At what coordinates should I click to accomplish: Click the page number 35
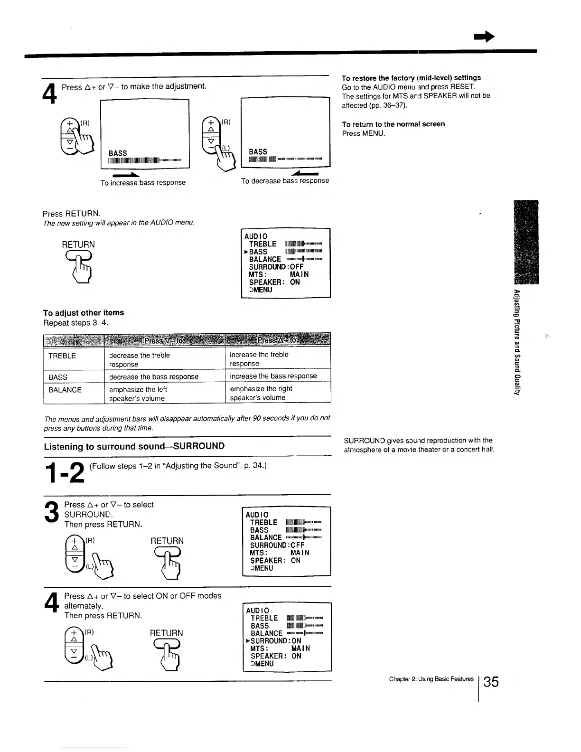point(492,682)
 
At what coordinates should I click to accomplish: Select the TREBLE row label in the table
point(62,356)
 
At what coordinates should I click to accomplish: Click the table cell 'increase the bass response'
point(273,376)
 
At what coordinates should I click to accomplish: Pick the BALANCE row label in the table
point(65,390)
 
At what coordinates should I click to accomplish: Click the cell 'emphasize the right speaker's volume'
point(261,393)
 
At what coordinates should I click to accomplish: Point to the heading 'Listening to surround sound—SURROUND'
point(134,446)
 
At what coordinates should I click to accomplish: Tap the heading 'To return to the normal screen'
point(394,124)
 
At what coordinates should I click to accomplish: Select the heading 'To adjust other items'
point(84,313)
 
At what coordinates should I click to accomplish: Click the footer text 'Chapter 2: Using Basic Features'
point(431,679)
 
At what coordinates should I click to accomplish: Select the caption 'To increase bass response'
point(143,183)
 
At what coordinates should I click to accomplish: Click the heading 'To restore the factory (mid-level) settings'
point(411,78)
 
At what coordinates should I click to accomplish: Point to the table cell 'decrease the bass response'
point(154,377)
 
